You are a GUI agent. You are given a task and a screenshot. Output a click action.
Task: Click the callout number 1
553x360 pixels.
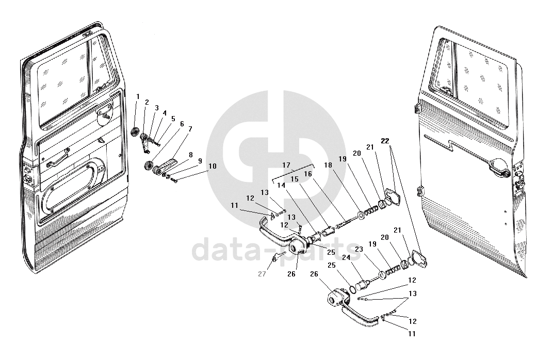tap(138, 96)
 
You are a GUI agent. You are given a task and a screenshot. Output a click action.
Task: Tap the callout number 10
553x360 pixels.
tap(213, 167)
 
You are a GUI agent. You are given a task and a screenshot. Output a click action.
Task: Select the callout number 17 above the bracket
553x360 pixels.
tap(287, 165)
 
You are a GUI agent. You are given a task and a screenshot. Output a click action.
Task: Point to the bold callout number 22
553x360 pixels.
tap(386, 141)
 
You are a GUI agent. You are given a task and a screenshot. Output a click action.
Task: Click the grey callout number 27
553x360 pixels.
tap(262, 274)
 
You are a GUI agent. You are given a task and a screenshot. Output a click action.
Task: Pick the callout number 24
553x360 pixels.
tap(346, 257)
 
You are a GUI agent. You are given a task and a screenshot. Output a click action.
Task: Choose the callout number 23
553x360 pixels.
tap(359, 249)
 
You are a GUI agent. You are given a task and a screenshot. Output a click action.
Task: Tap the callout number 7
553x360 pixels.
tap(190, 128)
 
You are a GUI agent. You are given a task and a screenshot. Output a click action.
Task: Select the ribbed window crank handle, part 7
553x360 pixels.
tap(166, 167)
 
